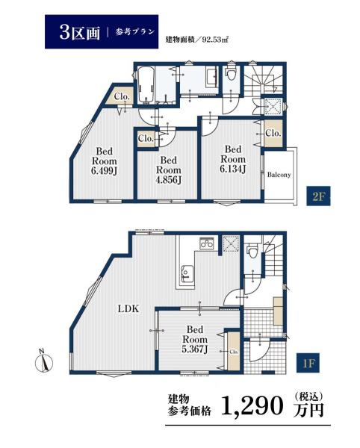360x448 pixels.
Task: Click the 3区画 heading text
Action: pos(80,32)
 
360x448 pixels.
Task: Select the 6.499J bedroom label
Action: pos(104,161)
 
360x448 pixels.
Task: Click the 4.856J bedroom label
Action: pos(169,169)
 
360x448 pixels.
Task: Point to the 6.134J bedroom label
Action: pos(233,159)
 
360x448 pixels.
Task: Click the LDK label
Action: pos(128,308)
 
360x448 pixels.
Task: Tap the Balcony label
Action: pos(279,175)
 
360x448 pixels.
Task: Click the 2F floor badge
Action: pos(318,196)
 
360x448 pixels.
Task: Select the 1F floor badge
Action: pos(308,363)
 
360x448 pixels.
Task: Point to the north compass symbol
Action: pos(43,361)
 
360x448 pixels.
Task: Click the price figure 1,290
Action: pos(252,406)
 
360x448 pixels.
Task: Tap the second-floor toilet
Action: pos(230,73)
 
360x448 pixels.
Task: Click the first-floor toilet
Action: pos(252,251)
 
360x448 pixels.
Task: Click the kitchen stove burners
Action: pos(206,243)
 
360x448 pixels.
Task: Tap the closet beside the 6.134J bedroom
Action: pos(273,134)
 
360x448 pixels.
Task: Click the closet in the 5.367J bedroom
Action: pos(234,352)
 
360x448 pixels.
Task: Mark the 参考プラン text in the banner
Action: pos(135,32)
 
